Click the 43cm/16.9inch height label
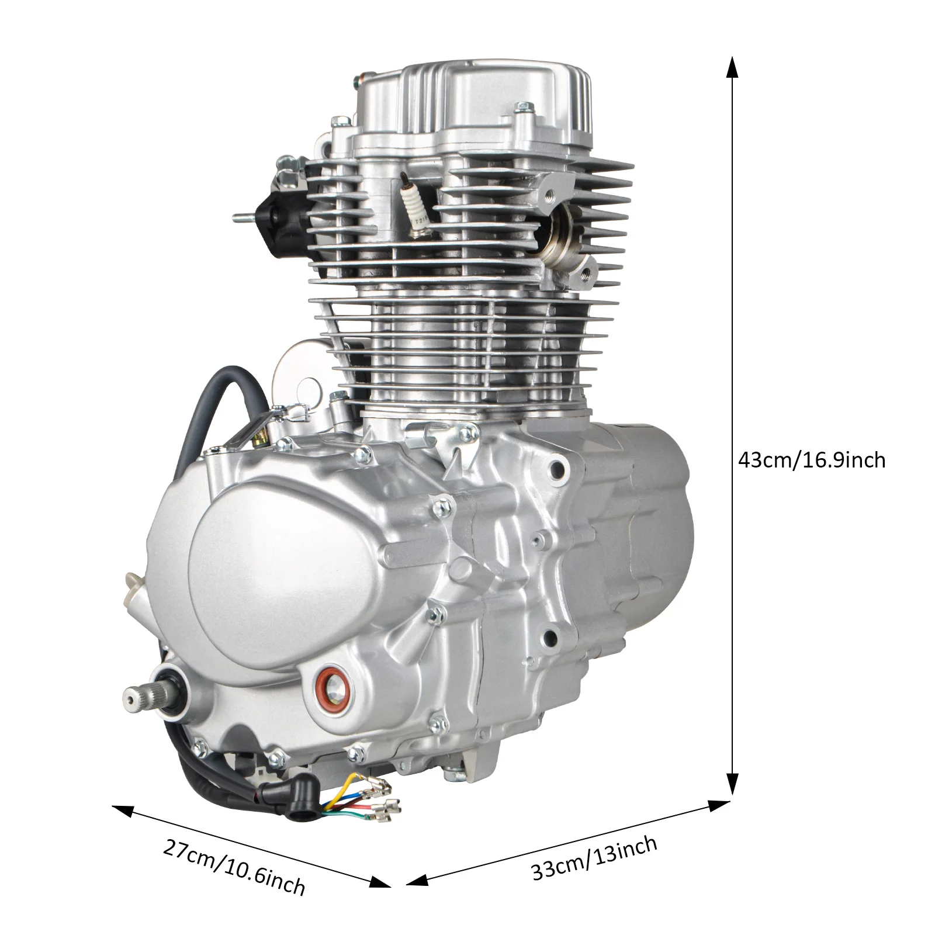click(812, 460)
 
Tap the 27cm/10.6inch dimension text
click(234, 867)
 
